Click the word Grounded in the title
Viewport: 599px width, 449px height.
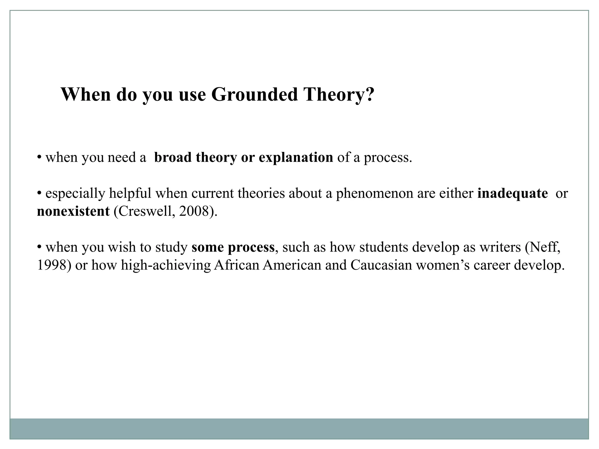point(254,94)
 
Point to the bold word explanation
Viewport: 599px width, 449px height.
point(296,158)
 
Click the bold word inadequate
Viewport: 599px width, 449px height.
point(512,194)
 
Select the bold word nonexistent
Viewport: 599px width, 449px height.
point(73,211)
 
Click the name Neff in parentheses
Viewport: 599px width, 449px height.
point(543,247)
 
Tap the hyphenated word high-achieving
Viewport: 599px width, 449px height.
point(166,265)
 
